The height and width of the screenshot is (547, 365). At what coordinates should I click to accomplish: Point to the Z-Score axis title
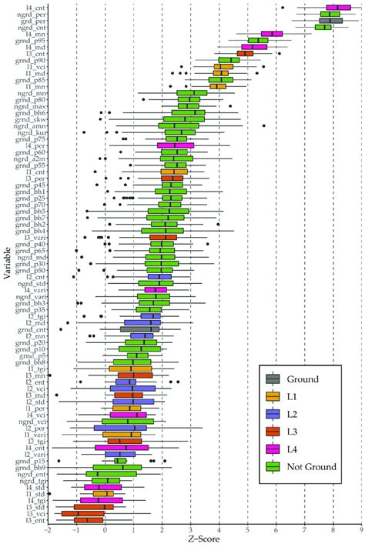pyautogui.click(x=204, y=541)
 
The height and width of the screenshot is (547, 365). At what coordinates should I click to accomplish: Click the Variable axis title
pyautogui.click(x=7, y=269)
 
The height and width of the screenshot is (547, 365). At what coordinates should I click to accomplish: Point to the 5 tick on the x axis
pyautogui.click(x=247, y=530)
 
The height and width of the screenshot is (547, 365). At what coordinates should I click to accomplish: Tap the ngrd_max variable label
pyautogui.click(x=31, y=105)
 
